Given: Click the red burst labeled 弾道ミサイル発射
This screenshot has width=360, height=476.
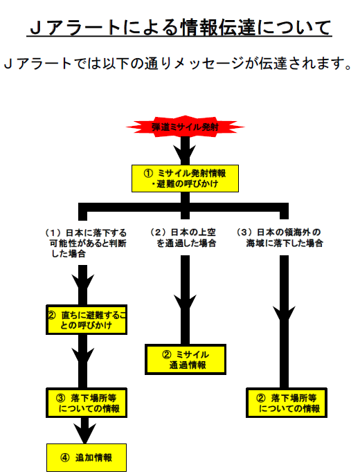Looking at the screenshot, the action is (186, 127).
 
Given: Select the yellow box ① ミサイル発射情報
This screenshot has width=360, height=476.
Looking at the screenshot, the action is (185, 178).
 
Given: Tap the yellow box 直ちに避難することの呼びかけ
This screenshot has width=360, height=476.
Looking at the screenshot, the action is (87, 320).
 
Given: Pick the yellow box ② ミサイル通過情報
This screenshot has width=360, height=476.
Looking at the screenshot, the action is (186, 360).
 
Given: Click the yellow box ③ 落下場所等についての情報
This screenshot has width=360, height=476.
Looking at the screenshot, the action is (87, 403).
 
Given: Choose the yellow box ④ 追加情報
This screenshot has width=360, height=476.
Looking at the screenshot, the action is (87, 457).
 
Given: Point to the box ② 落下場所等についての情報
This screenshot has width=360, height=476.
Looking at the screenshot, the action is (287, 403).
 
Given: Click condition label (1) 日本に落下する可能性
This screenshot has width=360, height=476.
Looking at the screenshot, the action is (85, 243).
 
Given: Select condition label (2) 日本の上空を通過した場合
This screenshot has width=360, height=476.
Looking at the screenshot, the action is (183, 238).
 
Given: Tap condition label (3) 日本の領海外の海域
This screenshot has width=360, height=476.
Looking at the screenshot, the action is (280, 238).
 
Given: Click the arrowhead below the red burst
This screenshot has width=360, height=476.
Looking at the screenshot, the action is (185, 154).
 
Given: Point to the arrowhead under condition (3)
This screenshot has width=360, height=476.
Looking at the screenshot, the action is (284, 315).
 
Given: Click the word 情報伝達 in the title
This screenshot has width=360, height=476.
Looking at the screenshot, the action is (219, 27).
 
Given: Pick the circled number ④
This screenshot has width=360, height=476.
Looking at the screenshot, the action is (64, 457).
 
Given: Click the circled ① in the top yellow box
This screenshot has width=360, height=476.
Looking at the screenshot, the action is (148, 174).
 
